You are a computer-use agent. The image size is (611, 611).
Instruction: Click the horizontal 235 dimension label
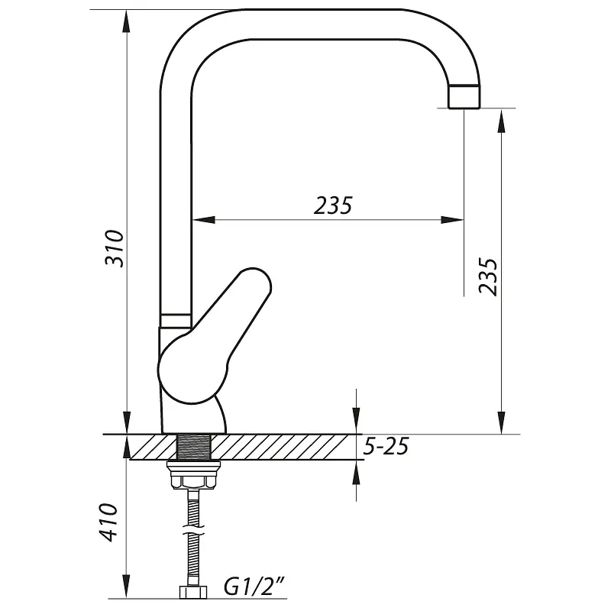(x=333, y=205)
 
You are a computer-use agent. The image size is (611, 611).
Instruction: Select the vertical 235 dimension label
(x=488, y=277)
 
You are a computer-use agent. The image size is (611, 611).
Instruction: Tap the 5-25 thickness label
(x=386, y=447)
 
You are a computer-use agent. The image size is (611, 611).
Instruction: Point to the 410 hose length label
(x=108, y=522)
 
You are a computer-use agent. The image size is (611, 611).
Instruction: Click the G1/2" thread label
(x=254, y=587)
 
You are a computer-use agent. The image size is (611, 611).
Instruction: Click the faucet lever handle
(x=215, y=336)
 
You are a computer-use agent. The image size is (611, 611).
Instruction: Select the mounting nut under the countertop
(x=193, y=475)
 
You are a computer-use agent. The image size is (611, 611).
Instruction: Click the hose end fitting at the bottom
(x=193, y=591)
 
